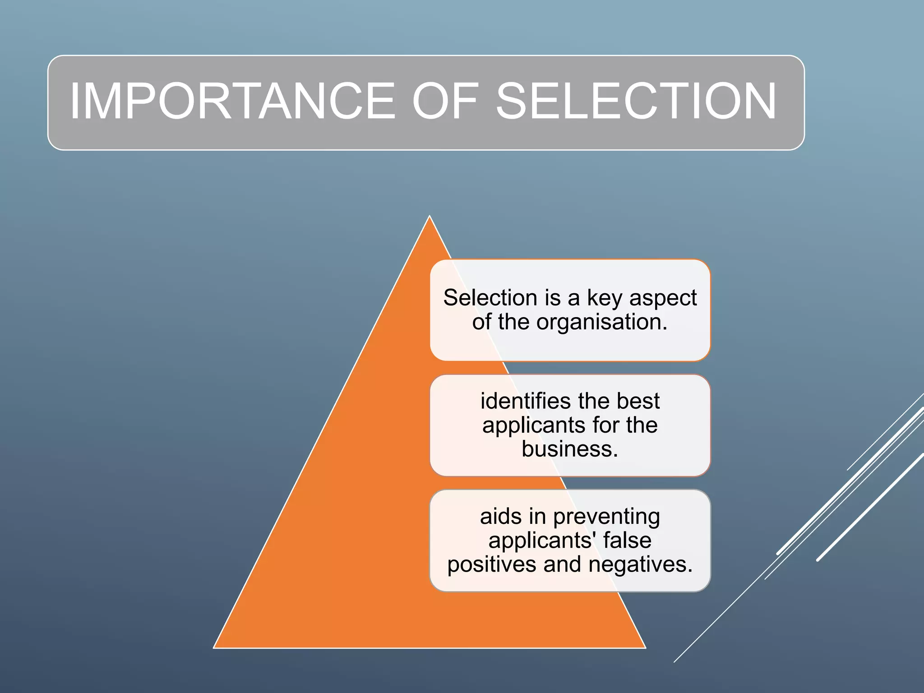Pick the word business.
pos(570,449)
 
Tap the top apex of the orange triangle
pos(430,217)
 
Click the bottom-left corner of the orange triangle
pos(214,647)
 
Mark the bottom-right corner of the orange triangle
pos(645,647)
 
